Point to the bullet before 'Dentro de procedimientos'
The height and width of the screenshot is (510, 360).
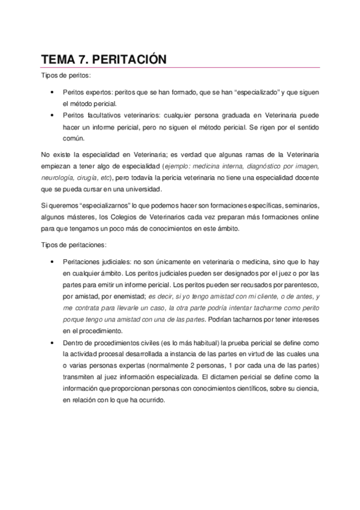click(x=53, y=342)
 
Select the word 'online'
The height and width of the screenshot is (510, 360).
click(x=309, y=217)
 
